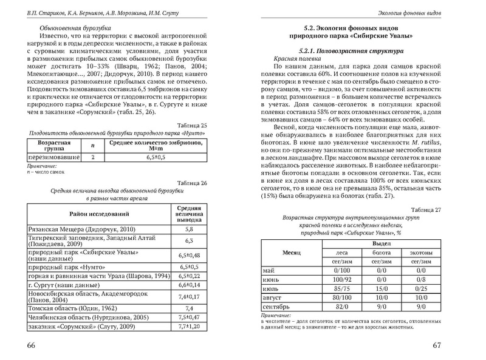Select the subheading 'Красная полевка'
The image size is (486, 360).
(x=296, y=58)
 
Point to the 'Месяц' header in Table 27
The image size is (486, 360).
(x=289, y=251)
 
